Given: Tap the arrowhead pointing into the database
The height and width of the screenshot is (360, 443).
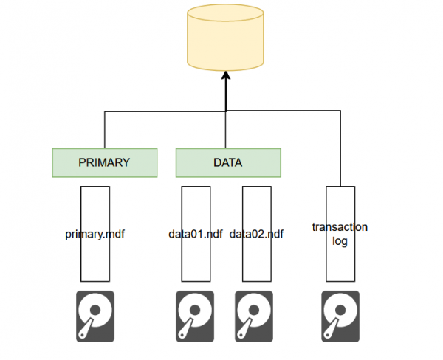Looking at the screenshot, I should (226, 77).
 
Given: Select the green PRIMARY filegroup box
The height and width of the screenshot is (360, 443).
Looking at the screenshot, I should (105, 162).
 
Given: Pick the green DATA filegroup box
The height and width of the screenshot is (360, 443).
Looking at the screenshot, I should (228, 162).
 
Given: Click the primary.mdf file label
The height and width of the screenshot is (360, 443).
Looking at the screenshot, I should (95, 235).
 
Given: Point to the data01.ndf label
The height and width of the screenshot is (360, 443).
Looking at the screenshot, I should (196, 235).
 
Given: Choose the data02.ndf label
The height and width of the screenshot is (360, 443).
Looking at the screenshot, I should (257, 235).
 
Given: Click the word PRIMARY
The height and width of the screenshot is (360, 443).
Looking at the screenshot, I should (105, 162).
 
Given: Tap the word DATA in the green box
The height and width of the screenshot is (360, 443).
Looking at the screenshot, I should (228, 162).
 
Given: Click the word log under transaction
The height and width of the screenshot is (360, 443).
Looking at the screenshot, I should (340, 241).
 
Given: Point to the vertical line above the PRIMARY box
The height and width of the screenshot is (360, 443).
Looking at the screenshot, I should (105, 130).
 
